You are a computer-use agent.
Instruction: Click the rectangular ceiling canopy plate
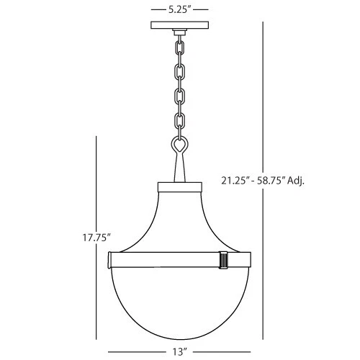[180, 27]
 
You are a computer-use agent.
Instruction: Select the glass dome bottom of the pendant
[180, 302]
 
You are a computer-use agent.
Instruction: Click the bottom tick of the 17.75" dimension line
[96, 338]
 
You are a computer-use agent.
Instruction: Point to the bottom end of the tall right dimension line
[264, 338]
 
